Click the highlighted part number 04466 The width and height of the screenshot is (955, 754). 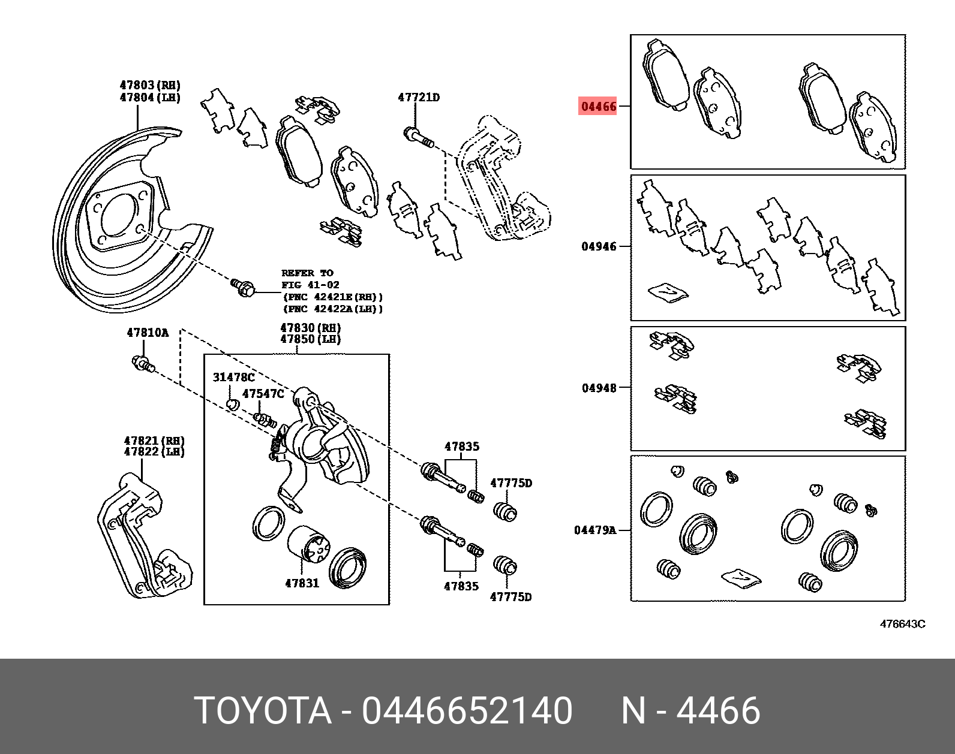(x=598, y=107)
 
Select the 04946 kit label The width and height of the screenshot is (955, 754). (x=599, y=246)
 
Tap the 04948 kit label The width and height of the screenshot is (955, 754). (x=599, y=388)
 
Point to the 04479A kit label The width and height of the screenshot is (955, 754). (x=594, y=530)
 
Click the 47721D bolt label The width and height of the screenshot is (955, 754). (x=418, y=97)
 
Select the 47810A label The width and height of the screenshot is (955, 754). (x=148, y=333)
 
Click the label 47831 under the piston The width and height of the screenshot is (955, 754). (x=302, y=583)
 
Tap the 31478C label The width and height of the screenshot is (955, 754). (x=233, y=378)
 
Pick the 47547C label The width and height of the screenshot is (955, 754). (x=263, y=394)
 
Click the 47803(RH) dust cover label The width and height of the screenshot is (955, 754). (x=150, y=86)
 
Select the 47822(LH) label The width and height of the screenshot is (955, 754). (x=154, y=452)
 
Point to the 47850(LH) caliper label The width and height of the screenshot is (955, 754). (x=310, y=339)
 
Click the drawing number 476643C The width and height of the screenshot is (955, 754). (x=902, y=624)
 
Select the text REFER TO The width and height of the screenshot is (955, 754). (x=307, y=273)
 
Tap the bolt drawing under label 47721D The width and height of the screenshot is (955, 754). (x=418, y=137)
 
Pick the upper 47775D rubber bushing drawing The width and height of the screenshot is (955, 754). (x=505, y=512)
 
